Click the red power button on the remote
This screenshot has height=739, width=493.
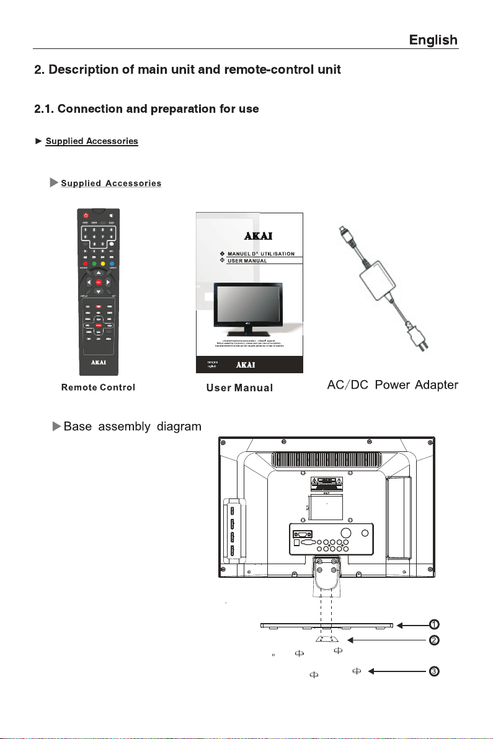(x=87, y=215)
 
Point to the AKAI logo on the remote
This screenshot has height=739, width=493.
(x=99, y=360)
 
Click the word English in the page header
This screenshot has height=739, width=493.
(x=433, y=40)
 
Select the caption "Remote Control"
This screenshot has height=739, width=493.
(x=98, y=387)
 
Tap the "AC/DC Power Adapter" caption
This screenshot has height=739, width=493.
(x=392, y=386)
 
